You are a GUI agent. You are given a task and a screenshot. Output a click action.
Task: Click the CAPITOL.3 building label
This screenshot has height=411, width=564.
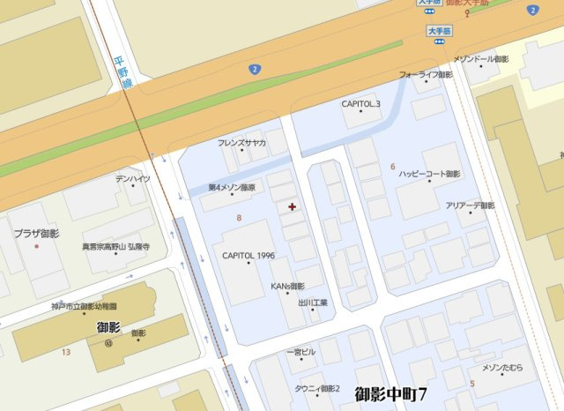tap(361, 104)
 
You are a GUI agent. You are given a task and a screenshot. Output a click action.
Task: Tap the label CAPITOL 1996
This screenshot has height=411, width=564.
tap(249, 256)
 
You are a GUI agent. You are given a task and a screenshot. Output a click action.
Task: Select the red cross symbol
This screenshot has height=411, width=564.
tap(293, 206)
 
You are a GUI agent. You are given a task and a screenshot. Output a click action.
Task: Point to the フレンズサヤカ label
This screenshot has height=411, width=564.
tap(242, 143)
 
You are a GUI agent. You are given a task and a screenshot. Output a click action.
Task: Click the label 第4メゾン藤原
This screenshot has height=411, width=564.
tap(232, 187)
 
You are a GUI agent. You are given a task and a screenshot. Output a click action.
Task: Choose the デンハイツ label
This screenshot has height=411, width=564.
tap(133, 179)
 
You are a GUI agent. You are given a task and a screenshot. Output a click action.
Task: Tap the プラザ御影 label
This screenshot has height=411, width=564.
tap(36, 234)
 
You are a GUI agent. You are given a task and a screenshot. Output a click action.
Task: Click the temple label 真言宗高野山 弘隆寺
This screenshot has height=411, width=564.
tap(115, 248)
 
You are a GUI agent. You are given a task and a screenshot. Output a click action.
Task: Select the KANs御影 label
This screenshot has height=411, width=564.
tap(287, 286)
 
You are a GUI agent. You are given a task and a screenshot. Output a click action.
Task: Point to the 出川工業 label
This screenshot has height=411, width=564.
tap(313, 303)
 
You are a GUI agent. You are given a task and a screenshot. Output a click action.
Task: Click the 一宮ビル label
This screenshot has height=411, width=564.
tap(301, 353)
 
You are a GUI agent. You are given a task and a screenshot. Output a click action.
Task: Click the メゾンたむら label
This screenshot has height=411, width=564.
tap(502, 367)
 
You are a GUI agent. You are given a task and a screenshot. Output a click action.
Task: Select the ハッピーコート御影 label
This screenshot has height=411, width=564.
tap(430, 174)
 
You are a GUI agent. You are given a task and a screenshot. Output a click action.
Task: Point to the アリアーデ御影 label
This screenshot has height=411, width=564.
tap(470, 205)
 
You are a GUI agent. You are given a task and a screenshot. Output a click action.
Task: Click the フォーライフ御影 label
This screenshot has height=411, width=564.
tap(426, 75)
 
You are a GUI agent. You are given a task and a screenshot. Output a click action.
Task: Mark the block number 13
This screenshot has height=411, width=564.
tap(66, 352)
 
